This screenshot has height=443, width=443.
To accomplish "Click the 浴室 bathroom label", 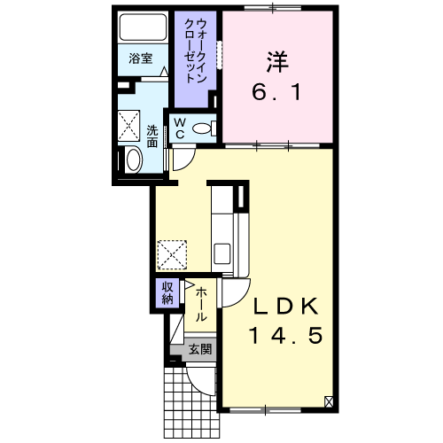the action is coord(141,58).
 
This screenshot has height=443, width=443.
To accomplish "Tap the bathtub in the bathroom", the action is coord(143,27).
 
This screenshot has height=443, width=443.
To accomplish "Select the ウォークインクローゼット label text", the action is coord(195,51).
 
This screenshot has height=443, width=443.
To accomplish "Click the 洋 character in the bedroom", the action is coord(277,62).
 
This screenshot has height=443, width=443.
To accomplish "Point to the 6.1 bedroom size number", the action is coord(276,91).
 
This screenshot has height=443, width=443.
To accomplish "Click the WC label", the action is coord(180,128).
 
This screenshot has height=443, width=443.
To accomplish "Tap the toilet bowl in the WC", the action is coord(202,128).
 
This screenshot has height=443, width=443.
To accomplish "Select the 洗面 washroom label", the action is coord(152,136).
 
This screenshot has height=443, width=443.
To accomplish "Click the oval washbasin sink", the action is coord(134,159).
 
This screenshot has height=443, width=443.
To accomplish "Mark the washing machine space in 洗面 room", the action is coord(128,126).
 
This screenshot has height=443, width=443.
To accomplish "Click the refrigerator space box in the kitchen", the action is coord(172,255).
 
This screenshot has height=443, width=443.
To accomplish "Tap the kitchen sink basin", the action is coord(222,253).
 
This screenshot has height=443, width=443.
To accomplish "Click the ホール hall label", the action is coord(200,305).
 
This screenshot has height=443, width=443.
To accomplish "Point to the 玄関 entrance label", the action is coord(200,349).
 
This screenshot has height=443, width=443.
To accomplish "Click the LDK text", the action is coord(286,306).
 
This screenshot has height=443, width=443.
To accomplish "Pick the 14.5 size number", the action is coord(285,336).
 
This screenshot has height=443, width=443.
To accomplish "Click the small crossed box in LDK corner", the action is coord(329,401).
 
